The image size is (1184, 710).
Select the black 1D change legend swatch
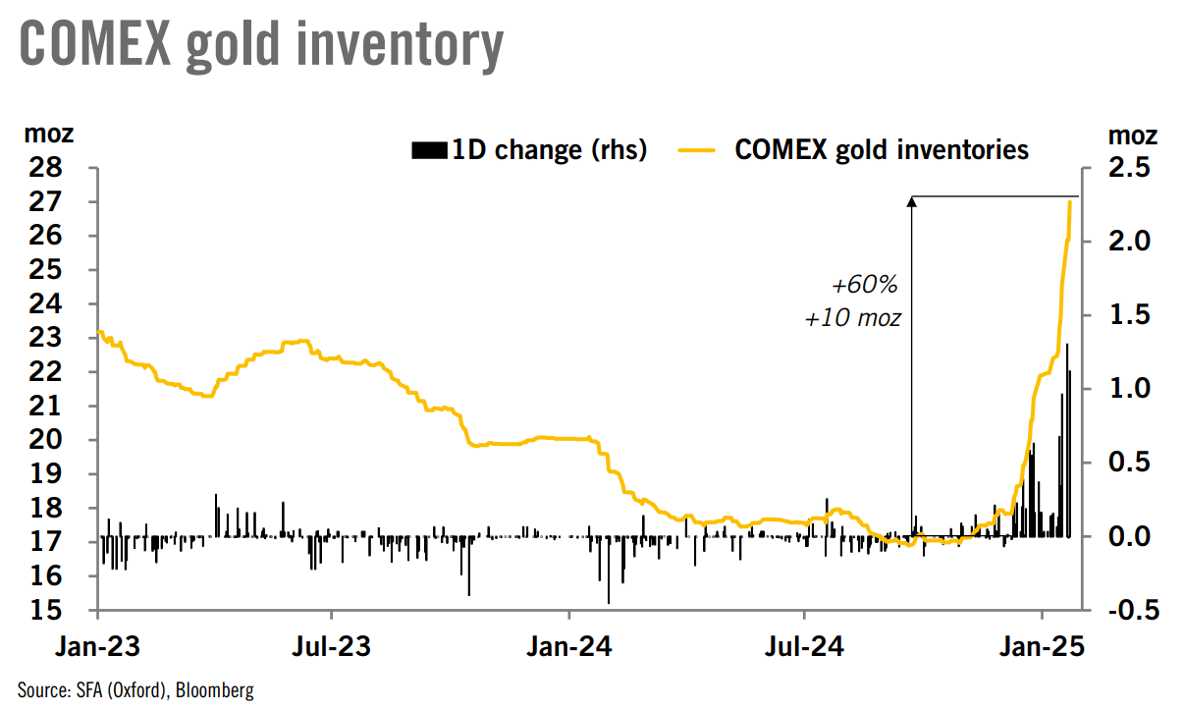429,150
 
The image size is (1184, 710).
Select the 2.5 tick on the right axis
1132,168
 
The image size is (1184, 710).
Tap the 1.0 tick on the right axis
1132,389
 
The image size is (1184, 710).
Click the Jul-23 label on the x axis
333,648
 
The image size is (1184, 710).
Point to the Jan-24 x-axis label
569,648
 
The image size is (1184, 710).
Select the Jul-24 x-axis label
804,648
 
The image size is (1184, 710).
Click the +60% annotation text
865,286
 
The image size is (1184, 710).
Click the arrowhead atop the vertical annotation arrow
911,201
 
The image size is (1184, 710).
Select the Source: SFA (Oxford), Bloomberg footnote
135,690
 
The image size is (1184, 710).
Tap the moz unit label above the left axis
47,135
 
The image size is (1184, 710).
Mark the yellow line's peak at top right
1069,202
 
